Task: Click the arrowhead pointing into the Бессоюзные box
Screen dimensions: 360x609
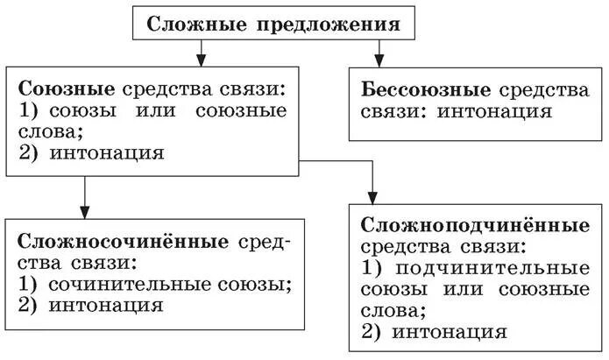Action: pos(379,63)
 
